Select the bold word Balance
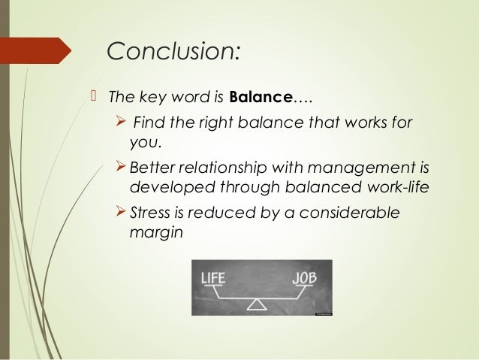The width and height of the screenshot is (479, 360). [258, 97]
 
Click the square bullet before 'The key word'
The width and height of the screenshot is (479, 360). [95, 96]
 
